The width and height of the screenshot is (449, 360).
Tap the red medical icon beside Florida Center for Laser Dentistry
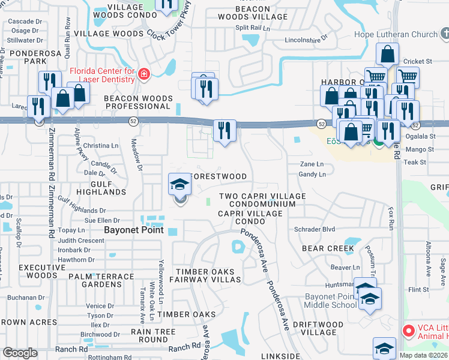click(143, 74)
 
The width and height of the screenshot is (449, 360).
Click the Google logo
click(20, 353)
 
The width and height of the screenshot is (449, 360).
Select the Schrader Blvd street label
click(314, 229)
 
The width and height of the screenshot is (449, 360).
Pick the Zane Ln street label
click(312, 164)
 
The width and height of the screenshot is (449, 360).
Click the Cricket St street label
click(418, 61)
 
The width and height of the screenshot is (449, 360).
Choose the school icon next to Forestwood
click(179, 187)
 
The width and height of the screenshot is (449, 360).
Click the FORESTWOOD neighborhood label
click(218, 176)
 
